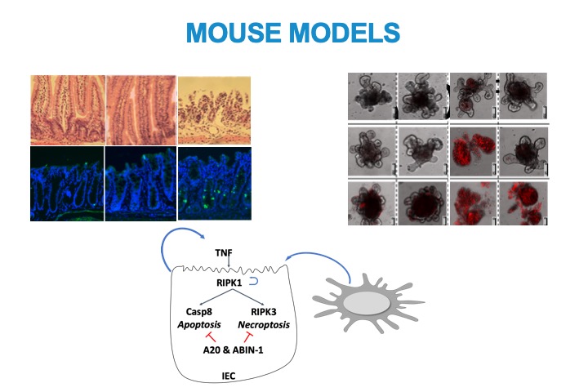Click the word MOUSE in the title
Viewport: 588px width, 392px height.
[234, 33]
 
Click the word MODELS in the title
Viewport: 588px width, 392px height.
[345, 33]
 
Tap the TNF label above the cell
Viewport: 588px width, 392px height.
[224, 253]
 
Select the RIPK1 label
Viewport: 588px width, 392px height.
[229, 283]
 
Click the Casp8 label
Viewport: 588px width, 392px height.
[199, 311]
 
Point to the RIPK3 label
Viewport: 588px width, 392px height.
[264, 311]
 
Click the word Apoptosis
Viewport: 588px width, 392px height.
[199, 325]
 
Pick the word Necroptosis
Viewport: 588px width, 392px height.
[264, 325]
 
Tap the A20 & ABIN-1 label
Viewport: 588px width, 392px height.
[233, 350]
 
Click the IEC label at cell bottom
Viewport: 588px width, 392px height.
[229, 376]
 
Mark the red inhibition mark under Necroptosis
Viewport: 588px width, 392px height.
[248, 336]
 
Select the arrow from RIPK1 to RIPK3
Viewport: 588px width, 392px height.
[246, 296]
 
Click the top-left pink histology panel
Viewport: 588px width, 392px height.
[68, 110]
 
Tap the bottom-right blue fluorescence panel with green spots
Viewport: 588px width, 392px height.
[215, 184]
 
